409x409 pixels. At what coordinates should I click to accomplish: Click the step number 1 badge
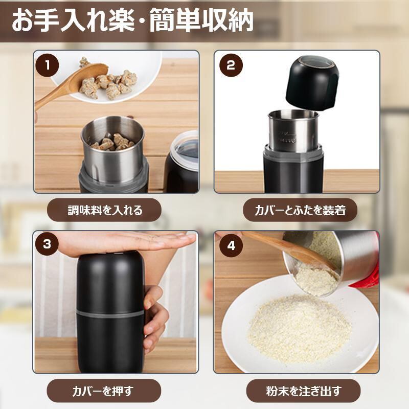tap(47, 65)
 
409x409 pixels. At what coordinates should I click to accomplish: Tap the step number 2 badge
tap(231, 65)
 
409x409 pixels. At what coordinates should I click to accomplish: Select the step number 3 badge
tap(47, 244)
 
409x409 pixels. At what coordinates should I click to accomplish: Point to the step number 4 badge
tap(231, 245)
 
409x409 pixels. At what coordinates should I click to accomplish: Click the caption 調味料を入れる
tap(105, 210)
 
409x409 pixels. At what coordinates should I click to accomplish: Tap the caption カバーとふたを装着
tap(300, 210)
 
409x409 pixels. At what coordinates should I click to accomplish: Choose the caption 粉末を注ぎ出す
tap(304, 391)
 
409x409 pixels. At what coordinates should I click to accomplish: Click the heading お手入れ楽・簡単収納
tap(132, 20)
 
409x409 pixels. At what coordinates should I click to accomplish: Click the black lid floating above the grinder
tap(312, 83)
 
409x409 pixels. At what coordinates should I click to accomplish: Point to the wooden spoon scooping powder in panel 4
tap(290, 249)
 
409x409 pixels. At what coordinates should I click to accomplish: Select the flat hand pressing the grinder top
tap(125, 242)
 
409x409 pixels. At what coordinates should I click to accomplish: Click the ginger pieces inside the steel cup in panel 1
tap(113, 142)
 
